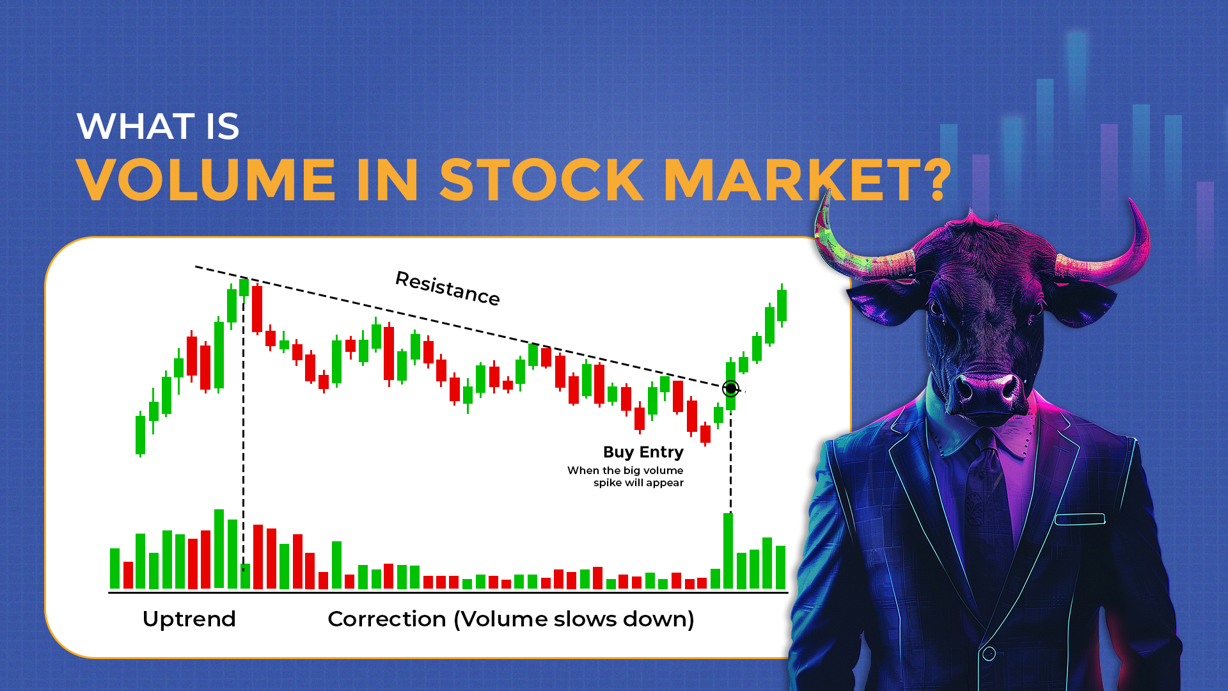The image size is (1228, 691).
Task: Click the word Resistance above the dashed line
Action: (x=448, y=289)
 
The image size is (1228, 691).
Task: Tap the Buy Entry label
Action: (x=643, y=452)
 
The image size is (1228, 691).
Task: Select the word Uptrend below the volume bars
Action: (x=189, y=619)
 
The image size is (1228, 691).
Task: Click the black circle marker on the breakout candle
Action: (x=730, y=388)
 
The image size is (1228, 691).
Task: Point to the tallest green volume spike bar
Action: (x=728, y=551)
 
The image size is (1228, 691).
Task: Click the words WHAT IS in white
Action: (x=158, y=126)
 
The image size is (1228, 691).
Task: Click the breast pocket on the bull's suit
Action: (x=1080, y=519)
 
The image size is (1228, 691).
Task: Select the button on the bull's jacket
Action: (x=989, y=654)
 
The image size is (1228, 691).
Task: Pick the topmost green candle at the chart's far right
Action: (x=782, y=305)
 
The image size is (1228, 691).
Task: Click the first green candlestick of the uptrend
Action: (x=140, y=434)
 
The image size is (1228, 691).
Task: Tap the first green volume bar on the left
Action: (x=114, y=568)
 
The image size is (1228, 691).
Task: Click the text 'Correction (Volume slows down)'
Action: (x=511, y=619)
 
